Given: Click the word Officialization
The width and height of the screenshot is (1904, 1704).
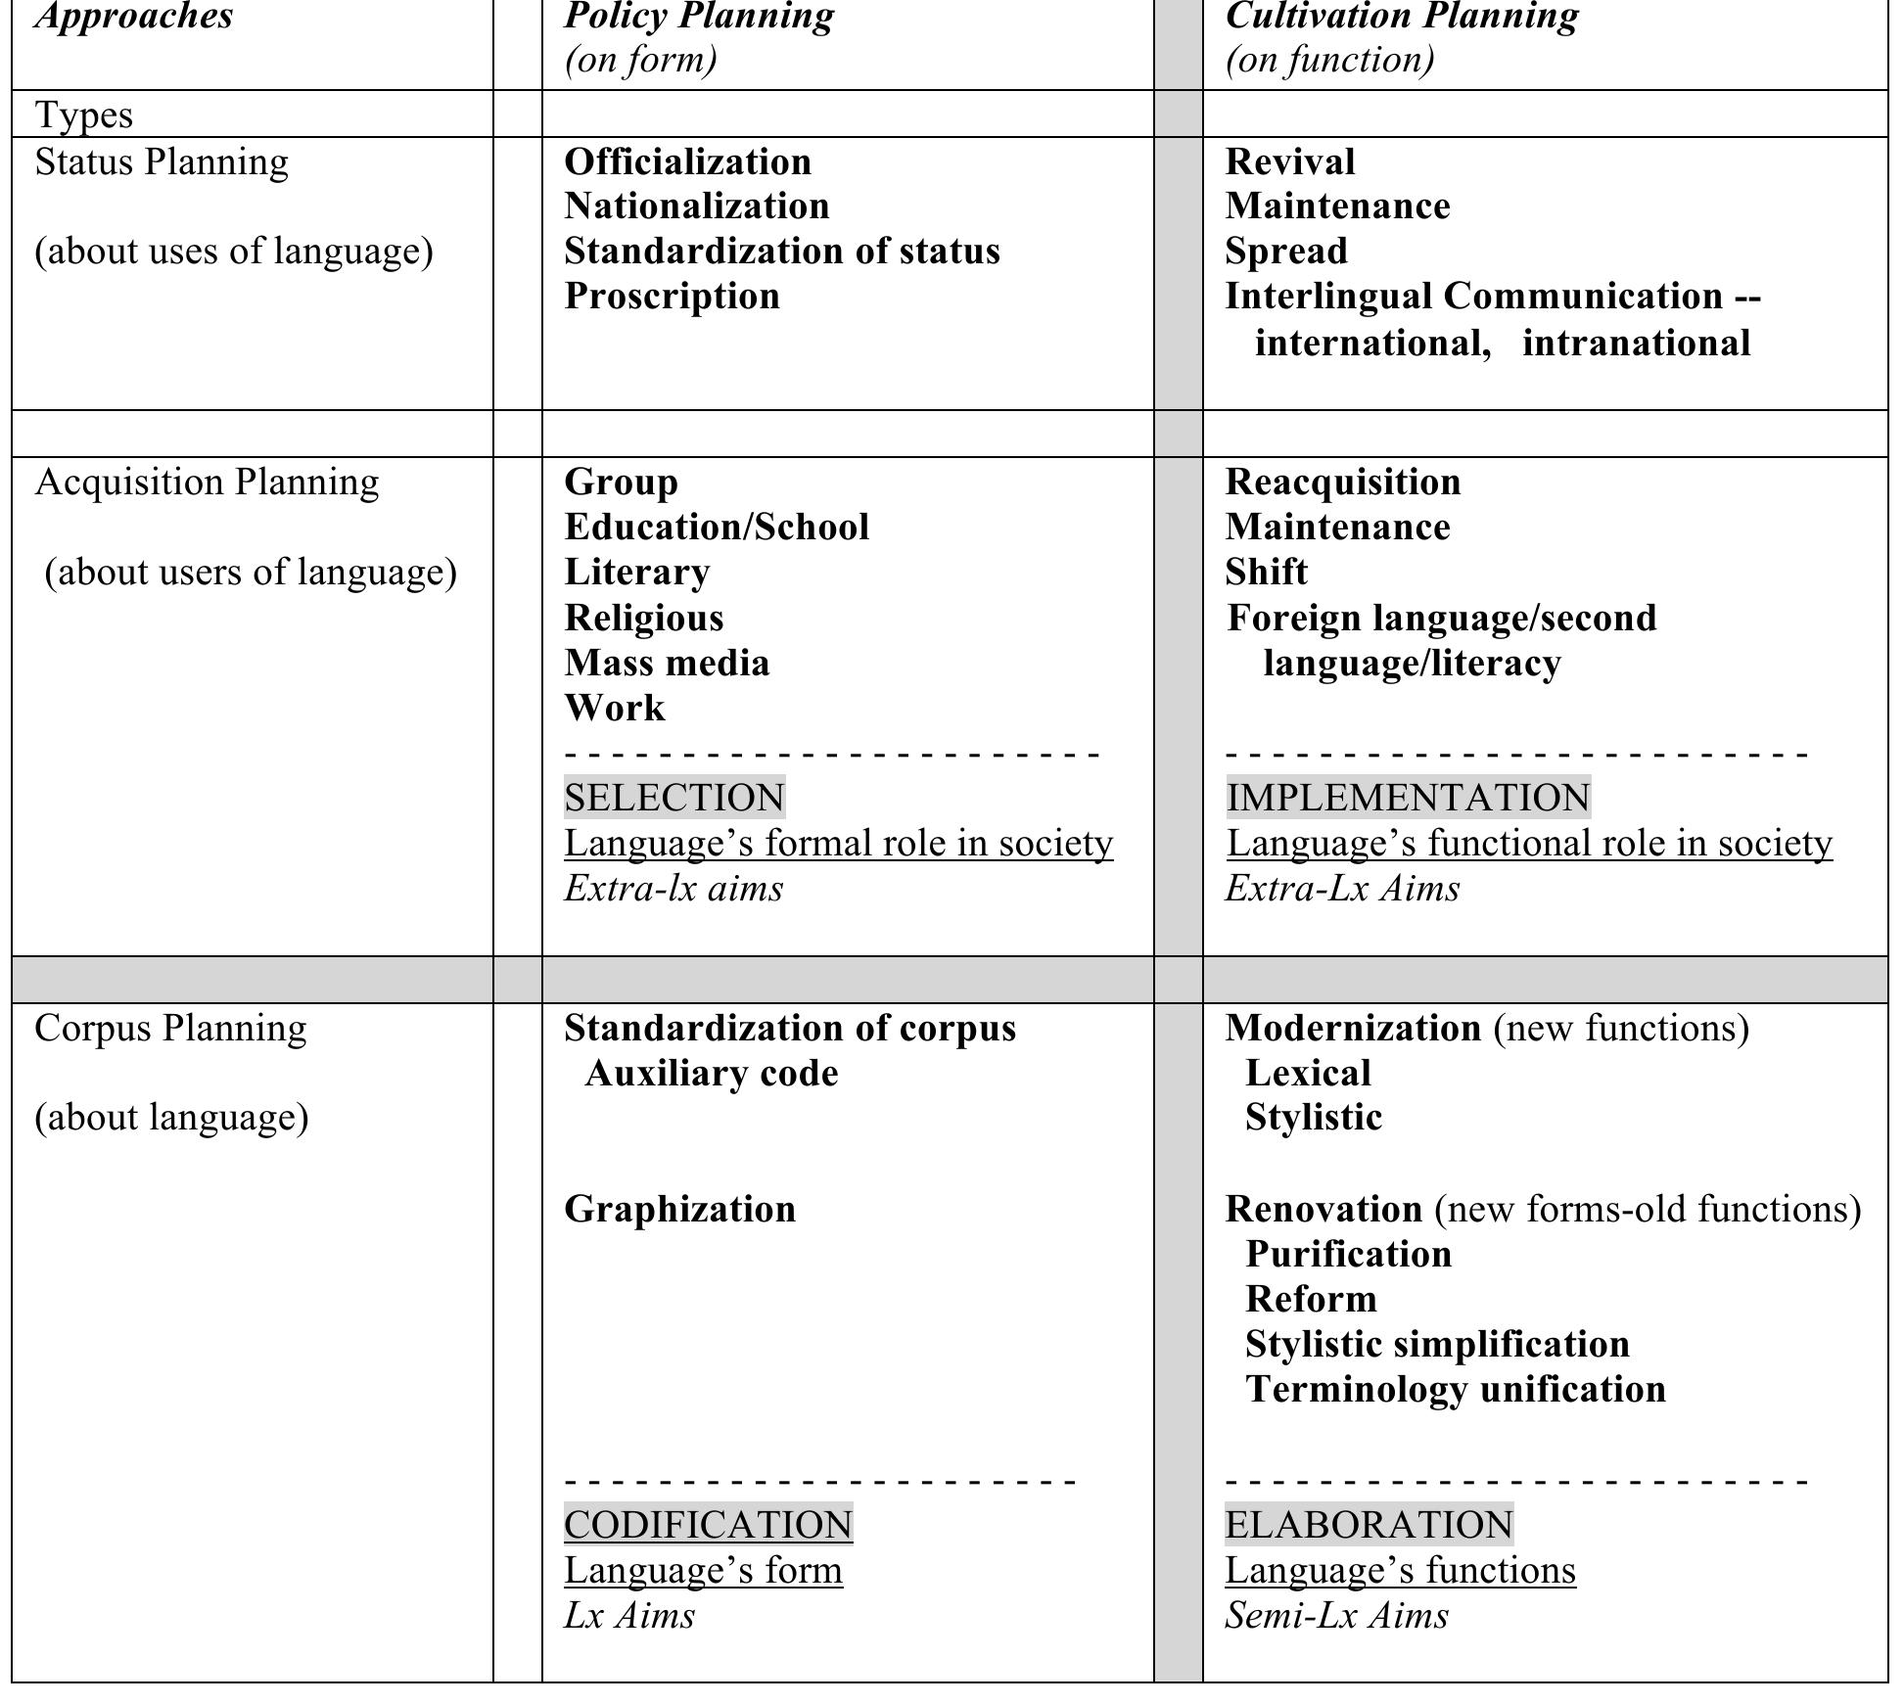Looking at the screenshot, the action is coord(687,162).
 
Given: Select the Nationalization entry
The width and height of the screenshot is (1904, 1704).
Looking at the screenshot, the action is coord(696,207).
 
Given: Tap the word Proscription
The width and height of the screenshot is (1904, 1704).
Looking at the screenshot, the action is coord(672,297).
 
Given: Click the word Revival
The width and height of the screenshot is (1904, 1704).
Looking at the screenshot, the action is coord(1289,162).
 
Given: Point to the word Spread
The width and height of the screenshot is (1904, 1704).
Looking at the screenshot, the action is coord(1285,252).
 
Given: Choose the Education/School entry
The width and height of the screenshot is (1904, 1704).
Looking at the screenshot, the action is coord(716,528).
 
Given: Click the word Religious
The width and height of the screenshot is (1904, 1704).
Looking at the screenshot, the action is coord(643,618).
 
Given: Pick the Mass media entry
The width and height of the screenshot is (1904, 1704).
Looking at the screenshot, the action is coord(666,664).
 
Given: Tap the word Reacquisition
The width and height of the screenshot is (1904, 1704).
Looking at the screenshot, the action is coord(1342,483).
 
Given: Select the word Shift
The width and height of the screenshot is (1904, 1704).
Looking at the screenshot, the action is coord(1266,573).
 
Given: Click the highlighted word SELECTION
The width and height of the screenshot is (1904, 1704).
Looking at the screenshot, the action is coord(673,798).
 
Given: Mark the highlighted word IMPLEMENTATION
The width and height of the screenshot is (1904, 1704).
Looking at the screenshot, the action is coord(1408,798).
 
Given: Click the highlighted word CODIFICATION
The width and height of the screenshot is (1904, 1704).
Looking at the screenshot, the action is coord(708,1525).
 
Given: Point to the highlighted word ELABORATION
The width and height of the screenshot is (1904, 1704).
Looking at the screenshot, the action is coord(1369,1525).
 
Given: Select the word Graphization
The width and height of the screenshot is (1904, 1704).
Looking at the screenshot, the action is coord(679,1210).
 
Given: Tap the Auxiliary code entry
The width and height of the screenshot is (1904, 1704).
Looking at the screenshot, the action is coord(711,1074).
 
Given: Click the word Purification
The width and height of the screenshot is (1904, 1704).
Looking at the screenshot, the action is coord(1348,1255).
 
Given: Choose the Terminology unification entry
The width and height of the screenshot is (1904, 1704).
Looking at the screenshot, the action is coord(1455,1390).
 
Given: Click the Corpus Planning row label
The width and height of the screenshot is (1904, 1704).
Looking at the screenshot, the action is coord(170,1029).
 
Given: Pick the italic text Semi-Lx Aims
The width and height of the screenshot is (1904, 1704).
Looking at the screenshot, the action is coord(1336,1616).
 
